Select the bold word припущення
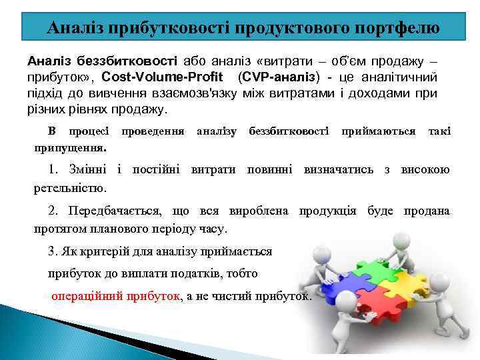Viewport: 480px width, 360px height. click(71, 145)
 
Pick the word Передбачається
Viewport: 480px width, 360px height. click(114, 211)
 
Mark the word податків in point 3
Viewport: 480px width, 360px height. click(198, 274)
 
